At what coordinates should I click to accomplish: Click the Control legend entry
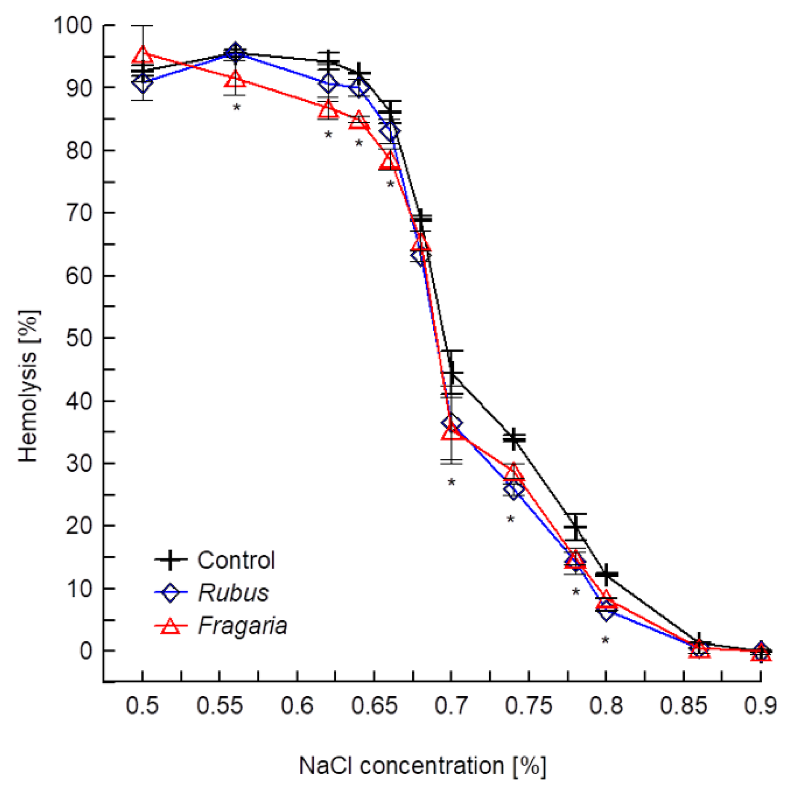(236, 560)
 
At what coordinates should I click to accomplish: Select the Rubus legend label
(233, 593)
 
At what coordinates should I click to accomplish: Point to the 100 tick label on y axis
(73, 26)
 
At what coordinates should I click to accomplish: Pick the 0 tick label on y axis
(85, 651)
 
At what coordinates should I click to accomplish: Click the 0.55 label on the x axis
(220, 706)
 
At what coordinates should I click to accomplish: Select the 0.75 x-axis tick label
(529, 706)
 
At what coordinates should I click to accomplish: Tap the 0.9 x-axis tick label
(760, 706)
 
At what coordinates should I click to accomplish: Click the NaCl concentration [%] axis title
(422, 766)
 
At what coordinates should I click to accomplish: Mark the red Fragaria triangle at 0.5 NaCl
(142, 54)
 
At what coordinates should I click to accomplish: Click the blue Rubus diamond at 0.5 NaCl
(142, 83)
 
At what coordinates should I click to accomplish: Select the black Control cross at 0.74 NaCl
(514, 439)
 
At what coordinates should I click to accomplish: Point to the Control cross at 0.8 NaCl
(606, 575)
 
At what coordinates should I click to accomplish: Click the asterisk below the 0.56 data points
(236, 108)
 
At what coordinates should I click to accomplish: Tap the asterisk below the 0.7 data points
(452, 483)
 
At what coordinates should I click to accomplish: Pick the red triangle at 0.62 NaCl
(328, 109)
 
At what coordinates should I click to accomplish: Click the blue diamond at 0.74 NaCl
(514, 490)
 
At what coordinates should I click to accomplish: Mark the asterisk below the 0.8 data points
(605, 640)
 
